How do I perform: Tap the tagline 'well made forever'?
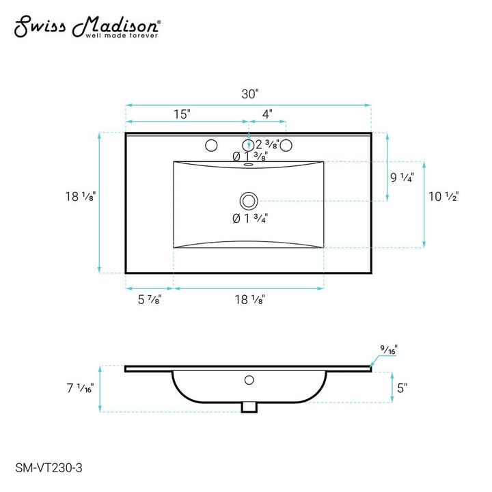click(x=121, y=36)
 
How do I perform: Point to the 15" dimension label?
click(x=181, y=114)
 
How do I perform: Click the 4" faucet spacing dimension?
click(x=266, y=114)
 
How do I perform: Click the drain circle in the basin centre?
click(x=248, y=200)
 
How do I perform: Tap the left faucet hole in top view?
click(x=211, y=145)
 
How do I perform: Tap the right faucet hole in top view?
click(x=287, y=145)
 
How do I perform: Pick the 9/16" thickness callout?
click(x=390, y=350)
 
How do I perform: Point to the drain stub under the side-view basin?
click(x=249, y=407)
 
